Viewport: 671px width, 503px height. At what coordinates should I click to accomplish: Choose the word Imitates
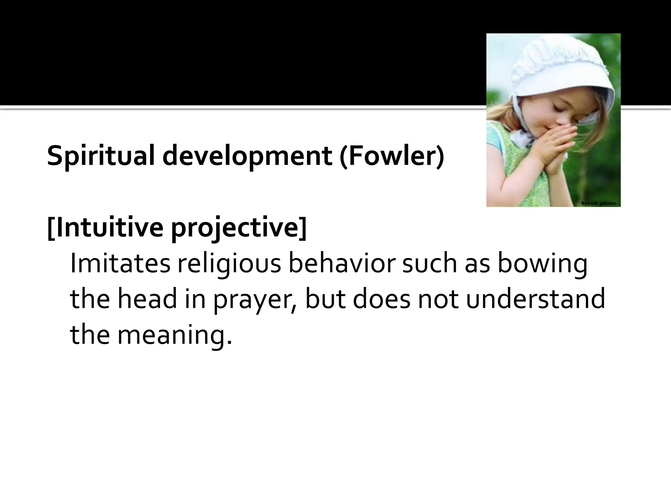(120, 264)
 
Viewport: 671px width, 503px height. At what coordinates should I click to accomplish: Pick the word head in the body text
(147, 299)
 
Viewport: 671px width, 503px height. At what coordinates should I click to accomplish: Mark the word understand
(535, 299)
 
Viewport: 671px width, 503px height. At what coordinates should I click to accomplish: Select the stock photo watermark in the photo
(599, 203)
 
